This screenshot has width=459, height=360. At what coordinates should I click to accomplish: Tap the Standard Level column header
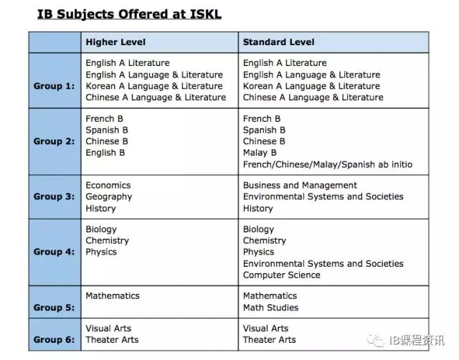click(x=278, y=42)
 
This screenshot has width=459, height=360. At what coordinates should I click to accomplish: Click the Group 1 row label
click(x=54, y=86)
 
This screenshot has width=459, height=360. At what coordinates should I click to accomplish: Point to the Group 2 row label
click(x=54, y=141)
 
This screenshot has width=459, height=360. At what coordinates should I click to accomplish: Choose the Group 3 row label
click(x=54, y=196)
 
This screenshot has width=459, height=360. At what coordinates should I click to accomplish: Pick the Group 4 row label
click(x=54, y=252)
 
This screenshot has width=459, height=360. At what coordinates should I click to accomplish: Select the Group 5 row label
click(x=54, y=307)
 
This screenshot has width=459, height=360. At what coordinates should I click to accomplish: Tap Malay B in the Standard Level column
click(x=260, y=153)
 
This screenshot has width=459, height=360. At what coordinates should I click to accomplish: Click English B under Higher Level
click(x=105, y=153)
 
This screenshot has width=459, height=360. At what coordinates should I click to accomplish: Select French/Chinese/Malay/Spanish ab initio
click(x=328, y=164)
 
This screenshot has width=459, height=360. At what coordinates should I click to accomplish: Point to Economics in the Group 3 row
click(x=108, y=185)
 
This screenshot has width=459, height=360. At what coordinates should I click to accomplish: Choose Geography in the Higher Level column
click(x=109, y=196)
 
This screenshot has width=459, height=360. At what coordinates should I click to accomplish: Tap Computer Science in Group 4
click(x=282, y=275)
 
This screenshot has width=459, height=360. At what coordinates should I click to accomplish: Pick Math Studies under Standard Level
click(x=270, y=308)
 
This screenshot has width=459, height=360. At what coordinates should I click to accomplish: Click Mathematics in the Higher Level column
click(x=113, y=295)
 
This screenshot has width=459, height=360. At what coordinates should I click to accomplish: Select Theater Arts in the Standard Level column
click(x=269, y=340)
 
